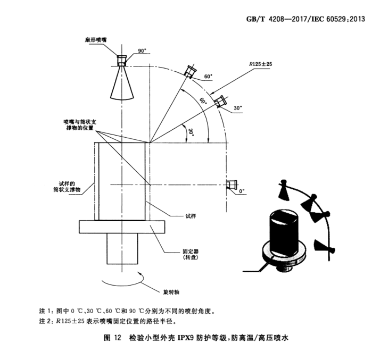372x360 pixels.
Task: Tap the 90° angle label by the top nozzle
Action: (x=142, y=51)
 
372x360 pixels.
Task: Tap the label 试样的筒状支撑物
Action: (x=67, y=185)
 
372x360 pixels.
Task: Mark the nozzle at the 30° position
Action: (x=220, y=101)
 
